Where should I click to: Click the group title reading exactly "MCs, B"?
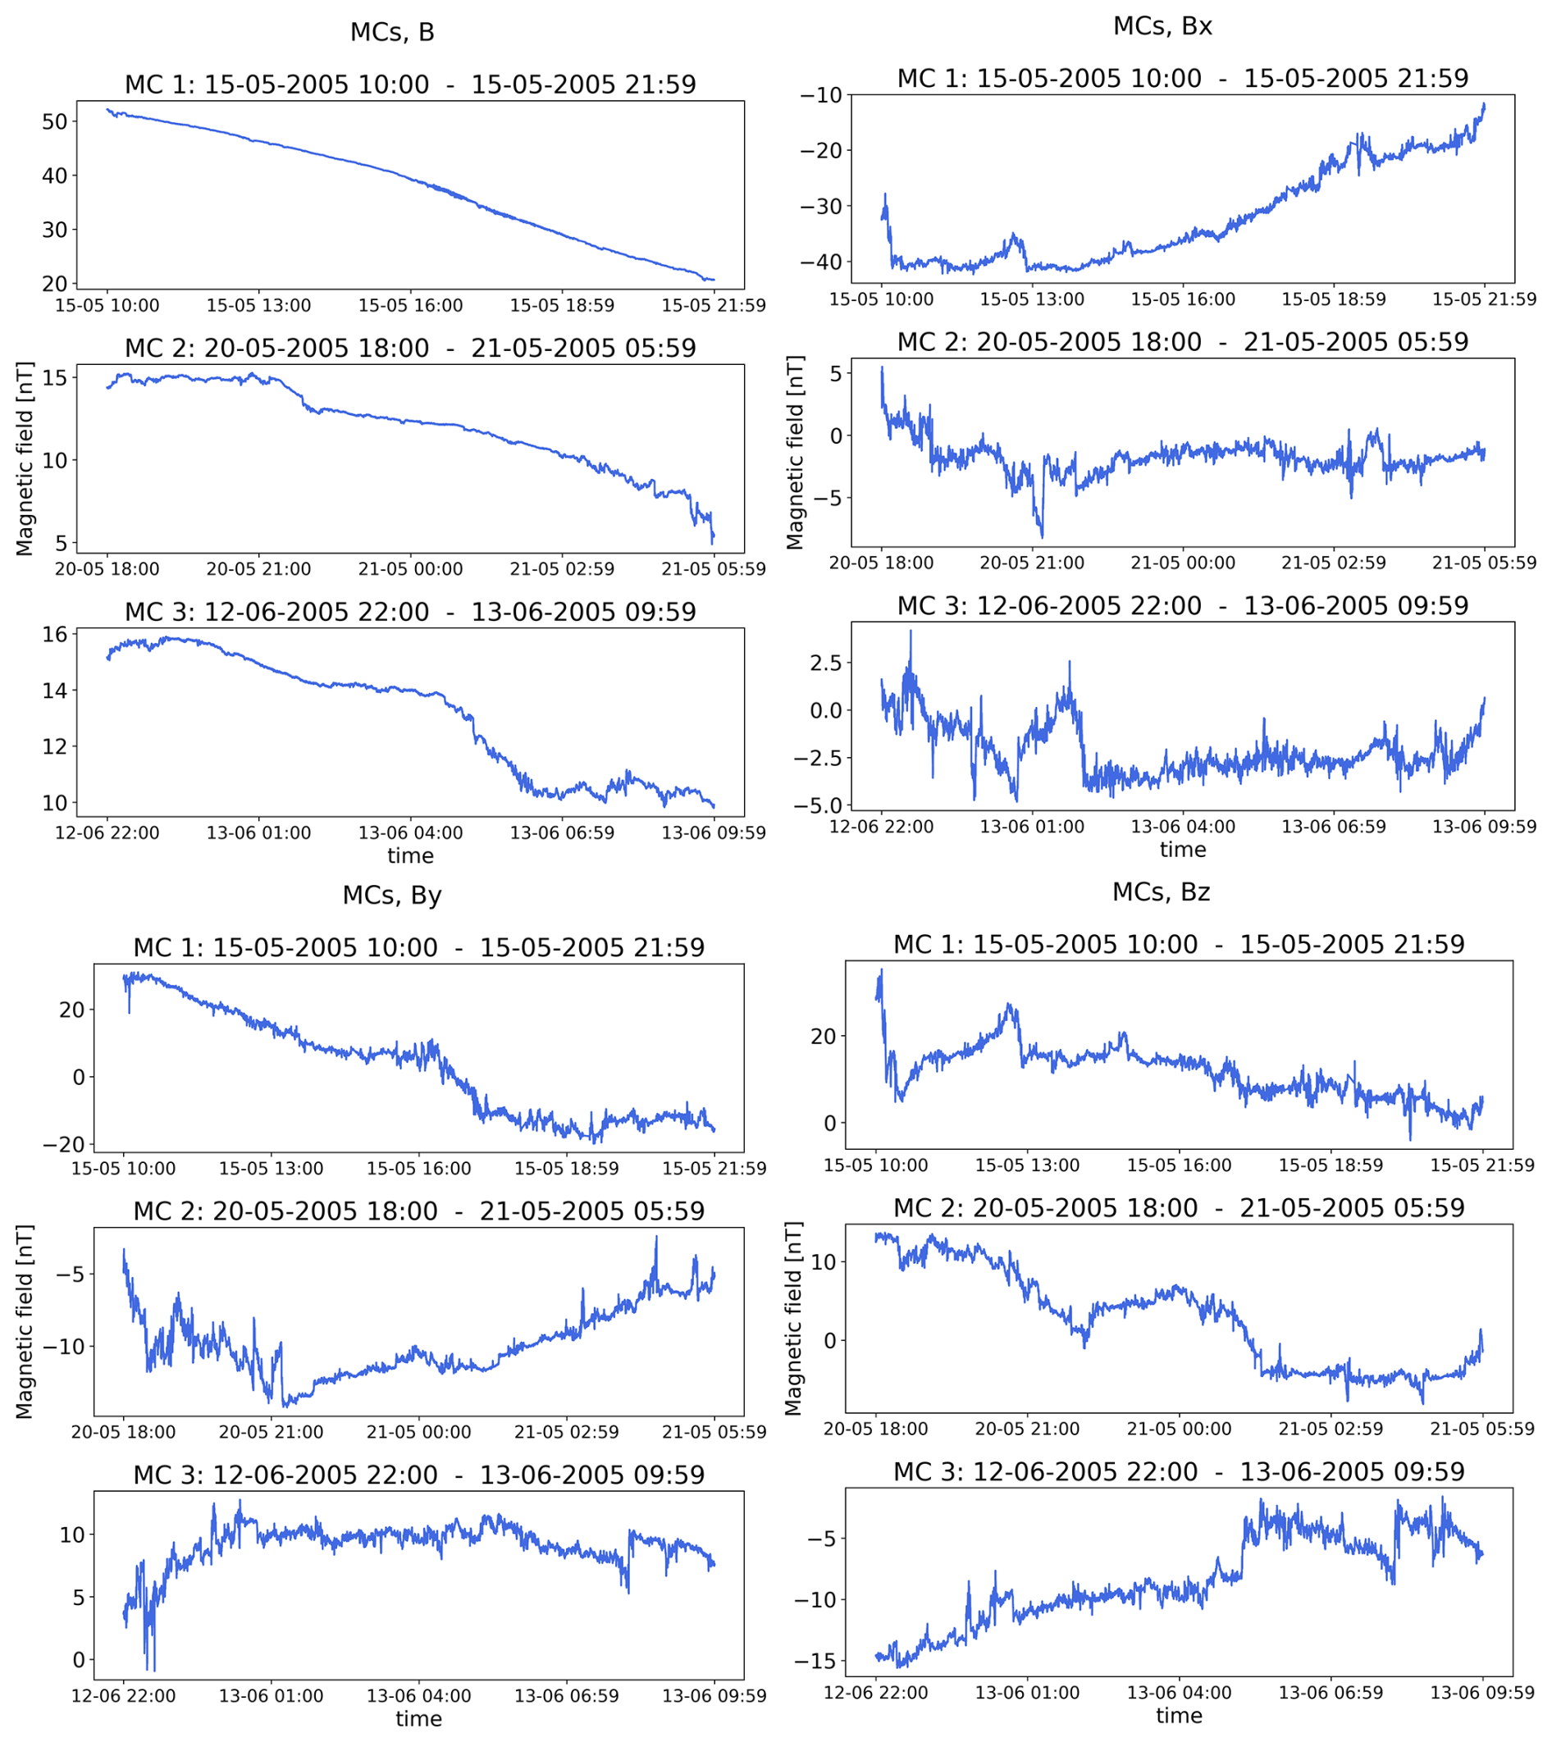[x=392, y=33]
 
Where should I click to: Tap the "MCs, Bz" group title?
[x=1161, y=892]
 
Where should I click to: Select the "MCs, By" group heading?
[x=392, y=895]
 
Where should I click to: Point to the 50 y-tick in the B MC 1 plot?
[x=55, y=121]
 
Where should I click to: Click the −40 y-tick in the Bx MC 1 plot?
[x=818, y=262]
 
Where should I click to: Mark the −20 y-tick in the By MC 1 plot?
[x=66, y=1144]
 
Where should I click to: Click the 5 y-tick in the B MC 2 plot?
[x=61, y=542]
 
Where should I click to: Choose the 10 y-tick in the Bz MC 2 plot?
[x=823, y=1261]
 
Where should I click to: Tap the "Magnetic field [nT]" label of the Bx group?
[x=795, y=453]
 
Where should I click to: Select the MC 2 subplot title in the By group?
[x=418, y=1211]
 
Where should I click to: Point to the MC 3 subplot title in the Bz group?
[x=1179, y=1471]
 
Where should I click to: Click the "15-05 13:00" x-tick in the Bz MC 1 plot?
[x=1027, y=1165]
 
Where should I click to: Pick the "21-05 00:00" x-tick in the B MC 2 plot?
[x=410, y=568]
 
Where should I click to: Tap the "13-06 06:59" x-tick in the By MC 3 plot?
[x=567, y=1696]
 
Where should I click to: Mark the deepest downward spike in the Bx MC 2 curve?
[x=1042, y=537]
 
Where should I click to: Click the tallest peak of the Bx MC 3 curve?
[x=910, y=631]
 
